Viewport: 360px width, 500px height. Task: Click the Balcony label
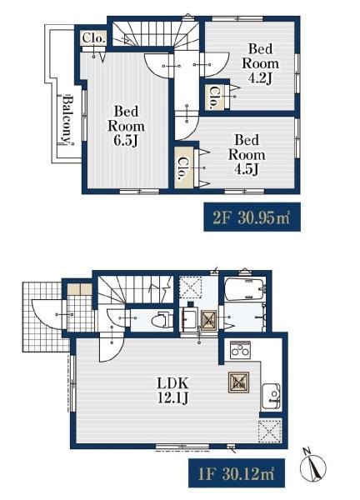pos(67,119)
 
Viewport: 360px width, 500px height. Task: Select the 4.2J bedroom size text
pos(260,77)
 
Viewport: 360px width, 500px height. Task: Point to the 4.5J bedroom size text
pos(246,169)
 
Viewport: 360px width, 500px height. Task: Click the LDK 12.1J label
pos(173,390)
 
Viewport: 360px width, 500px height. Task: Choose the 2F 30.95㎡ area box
pos(252,217)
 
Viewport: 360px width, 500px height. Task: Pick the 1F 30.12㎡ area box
pos(237,472)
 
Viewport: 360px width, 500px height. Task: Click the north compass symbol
pos(312,467)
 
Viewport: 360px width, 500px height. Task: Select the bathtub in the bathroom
pos(244,289)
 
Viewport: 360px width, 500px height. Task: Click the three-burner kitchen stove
pos(240,350)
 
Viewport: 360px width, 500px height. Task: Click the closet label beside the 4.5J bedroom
pos(183,167)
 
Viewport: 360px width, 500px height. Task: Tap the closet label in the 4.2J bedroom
pos(213,97)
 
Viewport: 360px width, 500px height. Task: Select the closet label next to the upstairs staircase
pos(93,38)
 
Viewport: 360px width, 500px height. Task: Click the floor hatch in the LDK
pos(238,382)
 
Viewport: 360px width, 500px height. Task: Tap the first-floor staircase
pos(135,290)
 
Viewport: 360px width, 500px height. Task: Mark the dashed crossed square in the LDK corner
pos(270,431)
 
